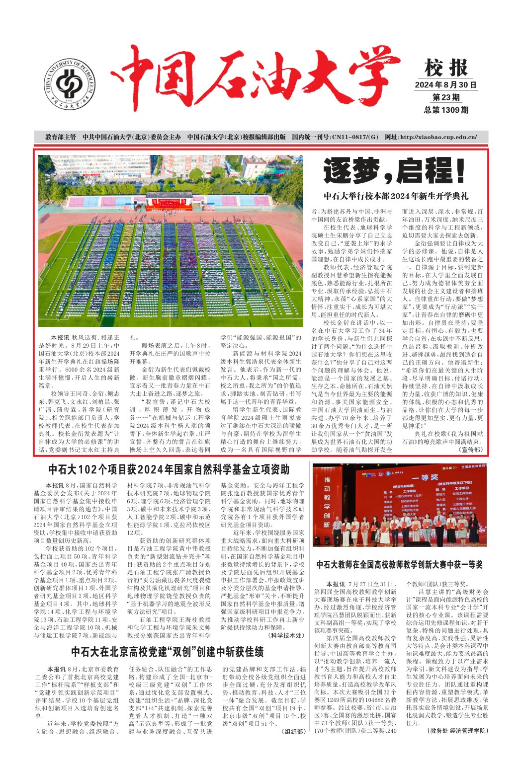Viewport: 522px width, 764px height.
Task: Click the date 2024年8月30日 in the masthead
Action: click(x=445, y=85)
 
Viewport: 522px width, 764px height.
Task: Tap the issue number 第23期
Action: click(x=445, y=97)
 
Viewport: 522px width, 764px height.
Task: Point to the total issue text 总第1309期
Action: click(x=445, y=110)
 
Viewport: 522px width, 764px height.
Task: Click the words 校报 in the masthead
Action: click(x=445, y=68)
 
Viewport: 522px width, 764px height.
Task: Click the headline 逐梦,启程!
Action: click(x=395, y=171)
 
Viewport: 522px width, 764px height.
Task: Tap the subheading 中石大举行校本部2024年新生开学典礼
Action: click(x=396, y=196)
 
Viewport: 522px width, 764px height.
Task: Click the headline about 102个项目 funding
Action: click(x=169, y=469)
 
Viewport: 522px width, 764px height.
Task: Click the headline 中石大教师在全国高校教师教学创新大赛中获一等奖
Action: click(x=399, y=565)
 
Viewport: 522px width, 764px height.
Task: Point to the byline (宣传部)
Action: click(x=470, y=450)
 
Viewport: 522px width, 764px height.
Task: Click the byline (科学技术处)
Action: click(x=286, y=635)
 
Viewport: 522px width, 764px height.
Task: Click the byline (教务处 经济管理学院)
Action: click(x=457, y=731)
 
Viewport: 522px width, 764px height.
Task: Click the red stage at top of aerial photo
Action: click(x=169, y=200)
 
